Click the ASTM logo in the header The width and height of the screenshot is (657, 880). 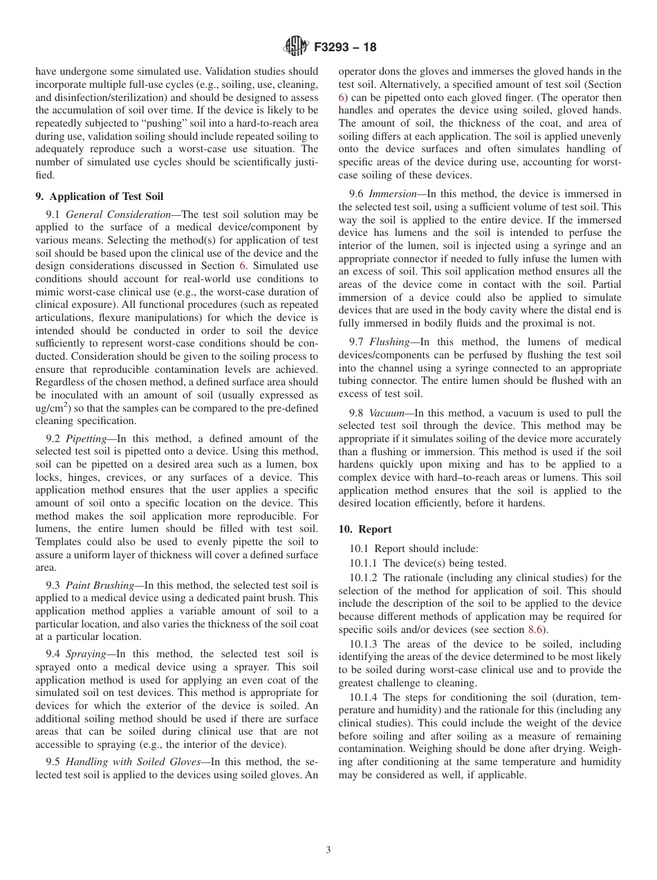[295, 48]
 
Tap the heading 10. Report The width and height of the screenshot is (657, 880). [365, 529]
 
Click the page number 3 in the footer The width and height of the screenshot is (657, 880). [328, 850]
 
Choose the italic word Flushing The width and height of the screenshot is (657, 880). [389, 342]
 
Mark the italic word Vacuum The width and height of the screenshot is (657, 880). [387, 414]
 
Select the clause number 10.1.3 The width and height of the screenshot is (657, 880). [364, 643]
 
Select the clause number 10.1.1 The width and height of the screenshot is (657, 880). [364, 563]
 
